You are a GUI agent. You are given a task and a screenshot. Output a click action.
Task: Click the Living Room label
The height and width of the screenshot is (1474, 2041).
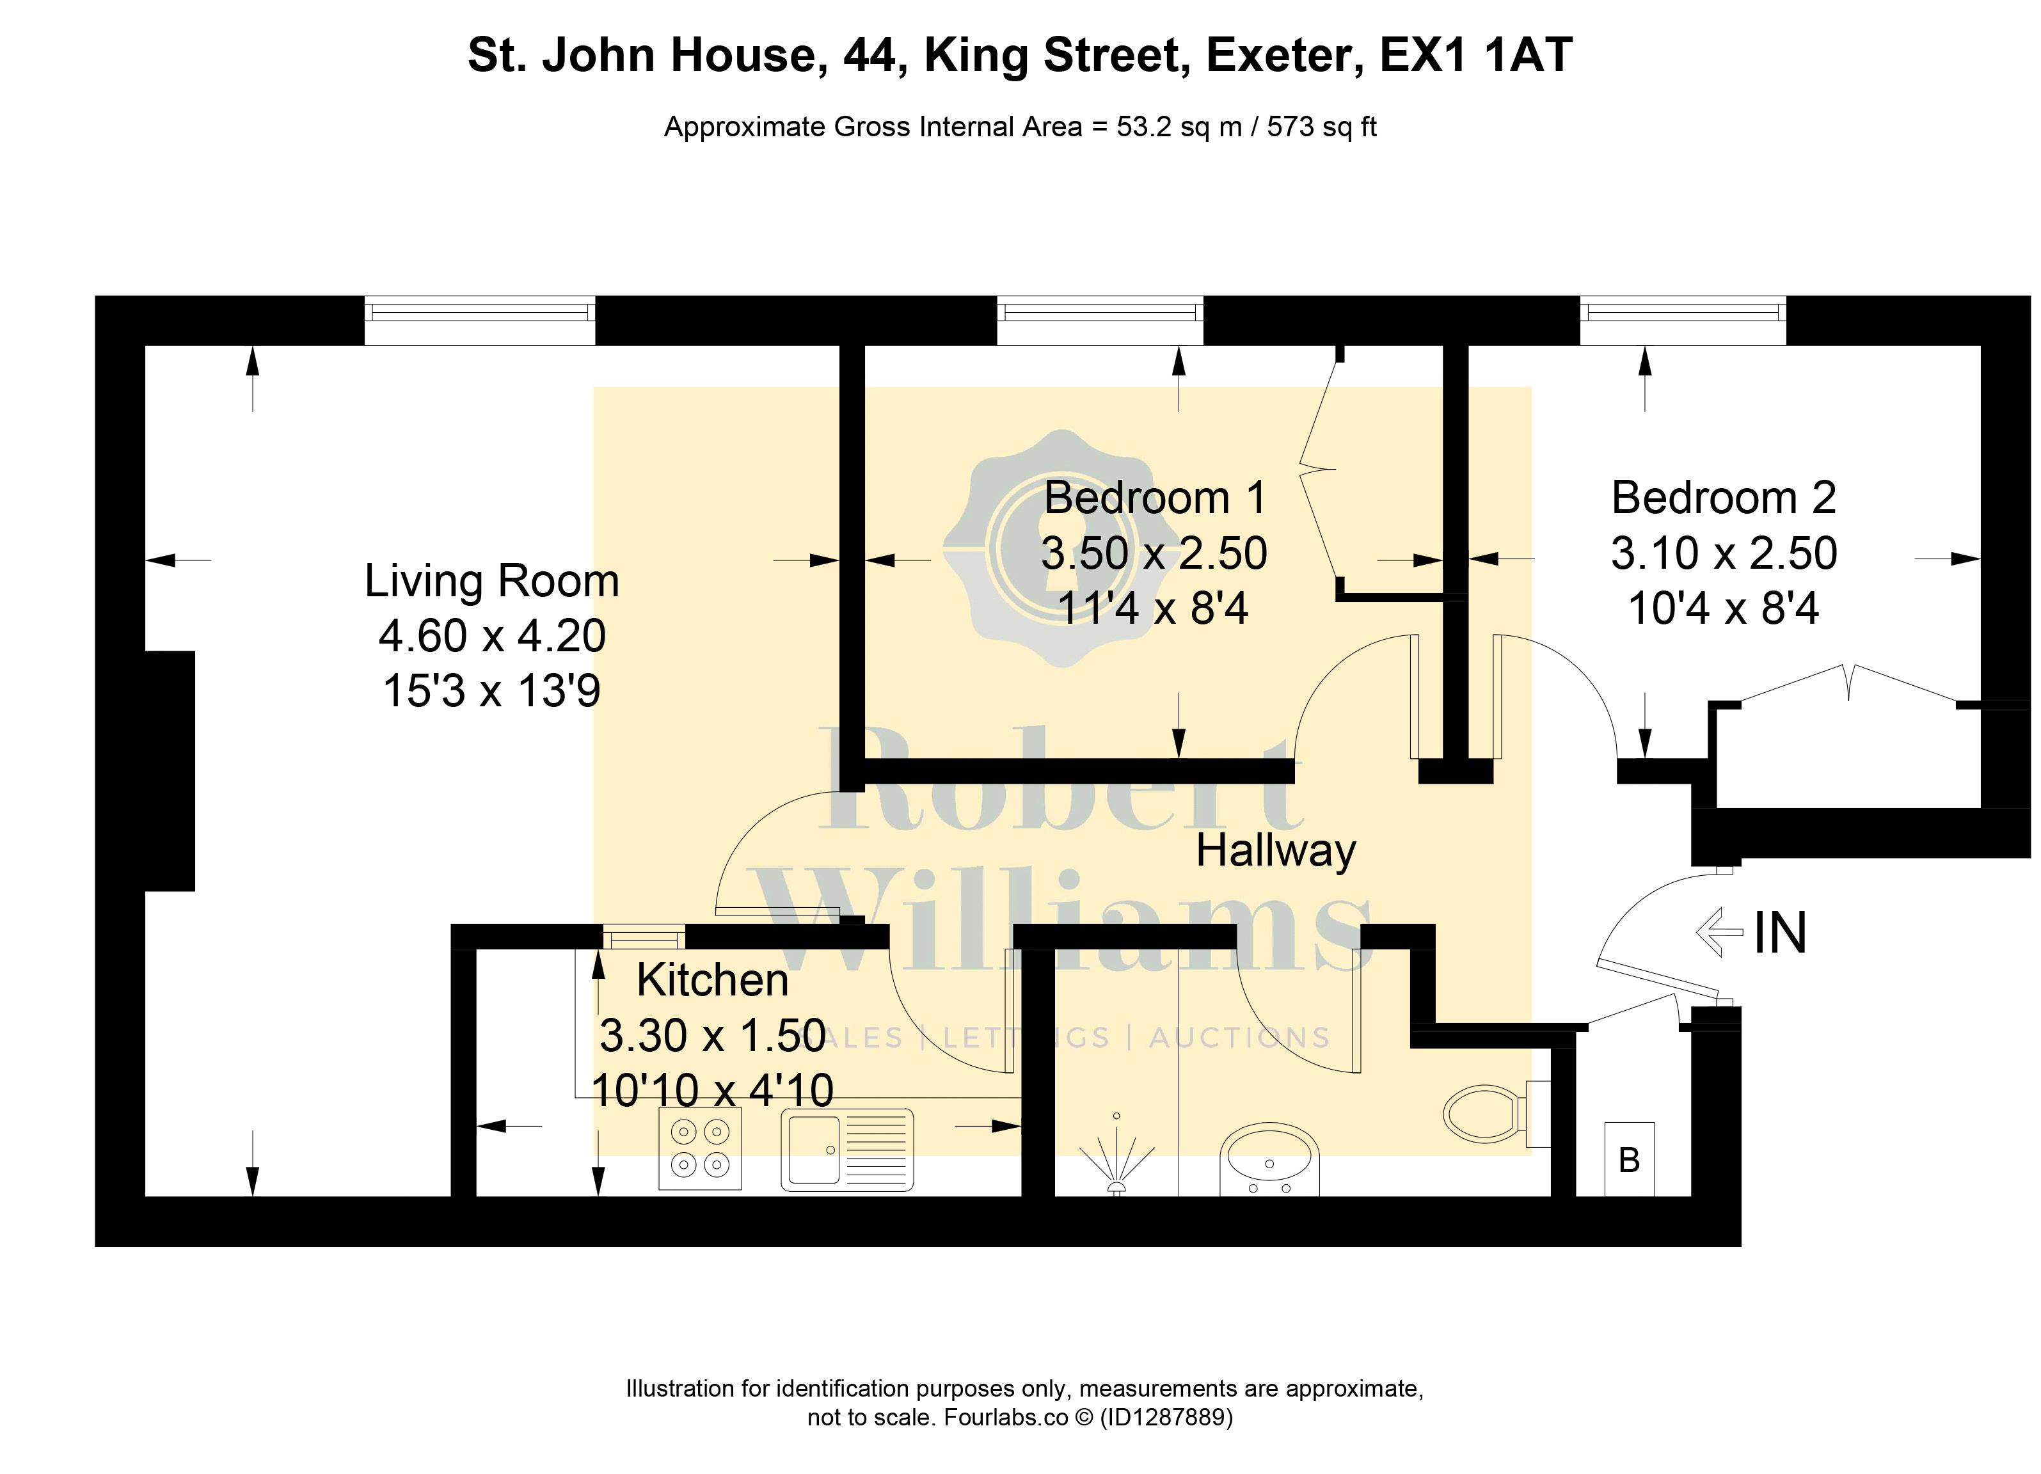491,582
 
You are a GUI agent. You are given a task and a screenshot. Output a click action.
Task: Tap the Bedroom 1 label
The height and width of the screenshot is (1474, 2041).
1156,498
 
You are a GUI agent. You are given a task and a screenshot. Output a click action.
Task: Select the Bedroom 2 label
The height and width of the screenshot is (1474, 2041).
1723,498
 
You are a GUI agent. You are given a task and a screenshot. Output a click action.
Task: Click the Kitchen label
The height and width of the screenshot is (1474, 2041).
713,980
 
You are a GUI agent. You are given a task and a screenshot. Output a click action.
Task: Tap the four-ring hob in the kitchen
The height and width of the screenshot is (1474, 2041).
700,1149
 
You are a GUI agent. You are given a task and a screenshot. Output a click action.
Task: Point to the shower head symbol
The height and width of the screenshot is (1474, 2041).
1116,1162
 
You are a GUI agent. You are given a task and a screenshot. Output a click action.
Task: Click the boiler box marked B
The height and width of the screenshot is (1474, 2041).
1629,1159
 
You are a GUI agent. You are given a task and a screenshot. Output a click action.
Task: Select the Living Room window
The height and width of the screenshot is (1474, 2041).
480,321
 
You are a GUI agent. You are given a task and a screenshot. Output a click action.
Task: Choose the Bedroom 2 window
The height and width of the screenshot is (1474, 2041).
1683,321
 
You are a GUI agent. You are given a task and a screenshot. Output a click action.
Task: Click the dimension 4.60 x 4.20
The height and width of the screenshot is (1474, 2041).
492,636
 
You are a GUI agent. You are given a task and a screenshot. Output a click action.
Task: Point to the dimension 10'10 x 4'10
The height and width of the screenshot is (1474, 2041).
713,1091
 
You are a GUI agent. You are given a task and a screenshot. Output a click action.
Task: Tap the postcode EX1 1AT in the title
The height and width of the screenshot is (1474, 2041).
1476,55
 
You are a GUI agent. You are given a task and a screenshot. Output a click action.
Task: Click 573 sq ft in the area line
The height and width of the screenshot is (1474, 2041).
1322,127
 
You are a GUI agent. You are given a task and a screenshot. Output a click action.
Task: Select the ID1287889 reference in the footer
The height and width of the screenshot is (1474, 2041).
1166,1417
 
